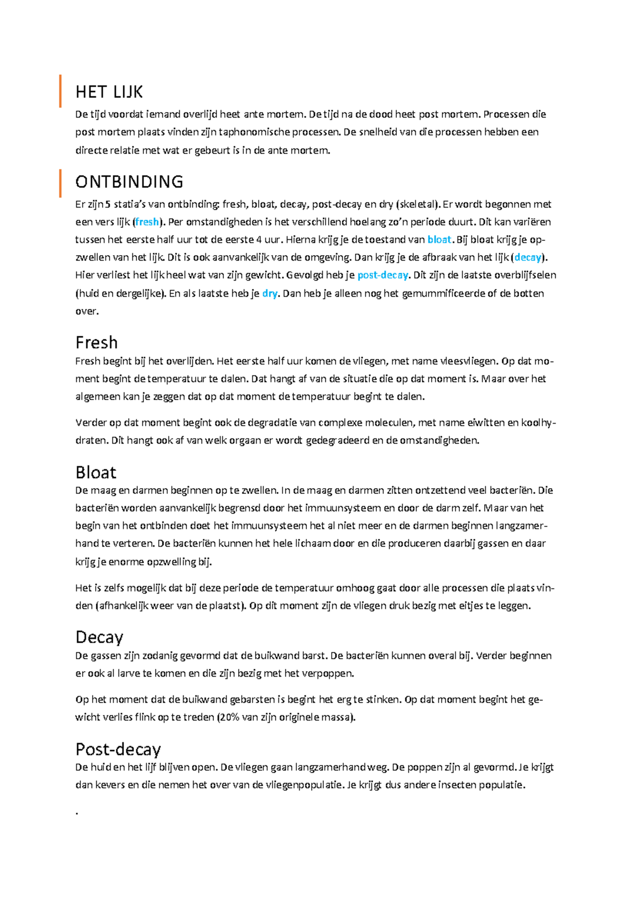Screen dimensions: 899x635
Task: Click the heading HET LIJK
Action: point(109,92)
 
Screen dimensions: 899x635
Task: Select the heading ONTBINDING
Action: point(129,182)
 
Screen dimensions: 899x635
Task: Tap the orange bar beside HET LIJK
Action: point(60,91)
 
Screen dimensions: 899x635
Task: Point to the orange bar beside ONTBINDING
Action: point(60,183)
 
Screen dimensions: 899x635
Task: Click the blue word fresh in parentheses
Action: point(147,222)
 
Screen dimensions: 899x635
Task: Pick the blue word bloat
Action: point(439,239)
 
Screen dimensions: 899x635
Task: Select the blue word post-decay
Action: point(383,275)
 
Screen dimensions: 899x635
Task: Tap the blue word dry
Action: point(269,293)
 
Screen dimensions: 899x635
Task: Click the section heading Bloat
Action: point(96,472)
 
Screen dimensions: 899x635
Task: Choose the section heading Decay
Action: point(99,637)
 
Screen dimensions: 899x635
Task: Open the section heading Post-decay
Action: point(118,749)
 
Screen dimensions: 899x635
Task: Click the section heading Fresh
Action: point(96,343)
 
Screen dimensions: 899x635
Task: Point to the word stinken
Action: point(383,699)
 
